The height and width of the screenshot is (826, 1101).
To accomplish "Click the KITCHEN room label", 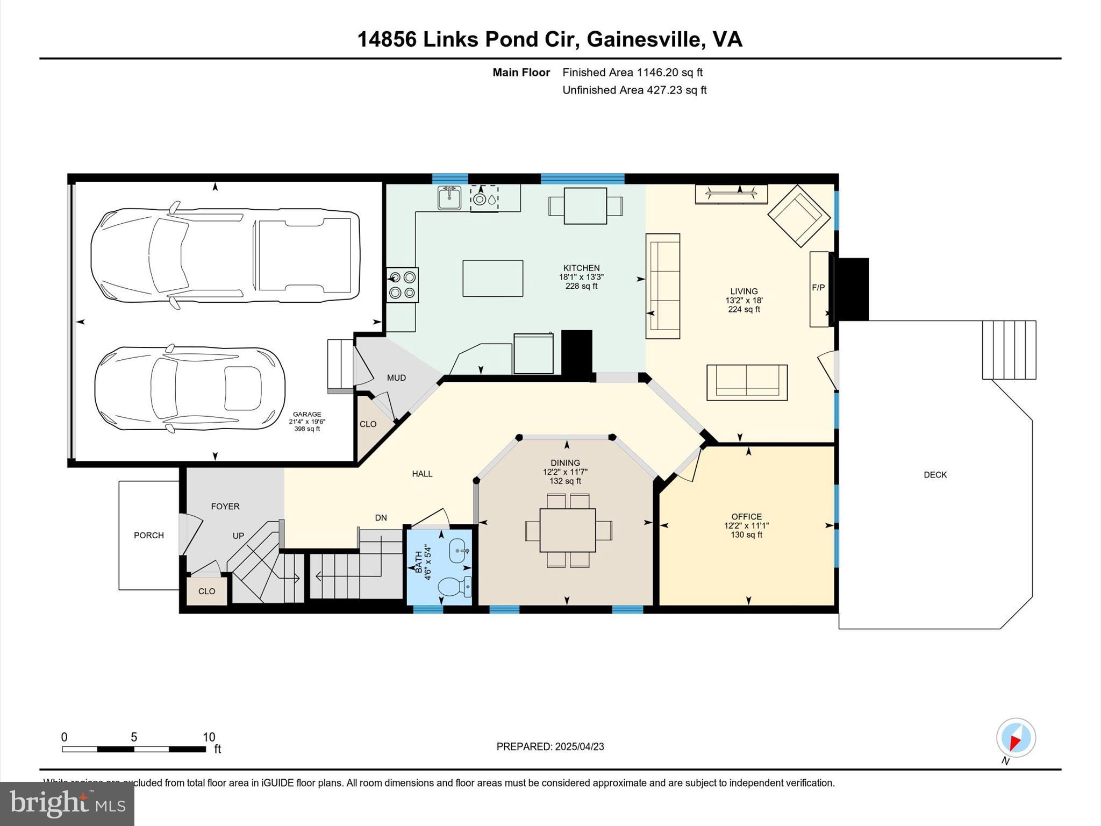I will click(x=581, y=268).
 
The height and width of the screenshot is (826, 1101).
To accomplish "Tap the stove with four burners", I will click(x=403, y=285).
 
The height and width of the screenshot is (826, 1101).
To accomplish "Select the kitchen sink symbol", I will click(x=449, y=198).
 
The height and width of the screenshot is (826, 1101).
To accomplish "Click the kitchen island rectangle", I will click(x=493, y=279).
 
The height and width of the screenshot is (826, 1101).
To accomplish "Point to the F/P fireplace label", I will click(x=818, y=288).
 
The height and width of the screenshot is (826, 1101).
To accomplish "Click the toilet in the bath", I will click(x=455, y=586).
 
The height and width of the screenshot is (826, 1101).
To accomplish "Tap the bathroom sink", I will click(x=459, y=551).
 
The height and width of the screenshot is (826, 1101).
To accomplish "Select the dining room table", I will click(x=568, y=530).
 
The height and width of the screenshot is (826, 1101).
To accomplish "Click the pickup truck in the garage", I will click(x=225, y=255).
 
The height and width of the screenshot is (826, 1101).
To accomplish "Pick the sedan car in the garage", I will click(x=190, y=388).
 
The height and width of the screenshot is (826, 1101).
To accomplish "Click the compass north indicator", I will click(x=1016, y=738).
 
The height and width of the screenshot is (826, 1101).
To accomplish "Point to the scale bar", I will click(x=134, y=749).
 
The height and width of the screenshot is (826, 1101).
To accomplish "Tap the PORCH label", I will click(x=149, y=535).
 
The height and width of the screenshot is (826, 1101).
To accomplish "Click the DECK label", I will click(x=935, y=474).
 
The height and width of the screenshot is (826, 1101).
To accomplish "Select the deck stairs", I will click(x=1009, y=350).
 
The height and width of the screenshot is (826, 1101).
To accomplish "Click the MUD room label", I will click(x=396, y=378).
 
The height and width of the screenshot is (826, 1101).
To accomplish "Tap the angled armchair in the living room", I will click(x=799, y=216).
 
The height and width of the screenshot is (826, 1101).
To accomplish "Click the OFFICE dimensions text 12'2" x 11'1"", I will click(x=747, y=526).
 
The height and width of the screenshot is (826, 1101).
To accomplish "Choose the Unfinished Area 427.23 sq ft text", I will click(x=634, y=90).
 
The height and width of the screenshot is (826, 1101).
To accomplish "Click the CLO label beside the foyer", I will click(x=206, y=592).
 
